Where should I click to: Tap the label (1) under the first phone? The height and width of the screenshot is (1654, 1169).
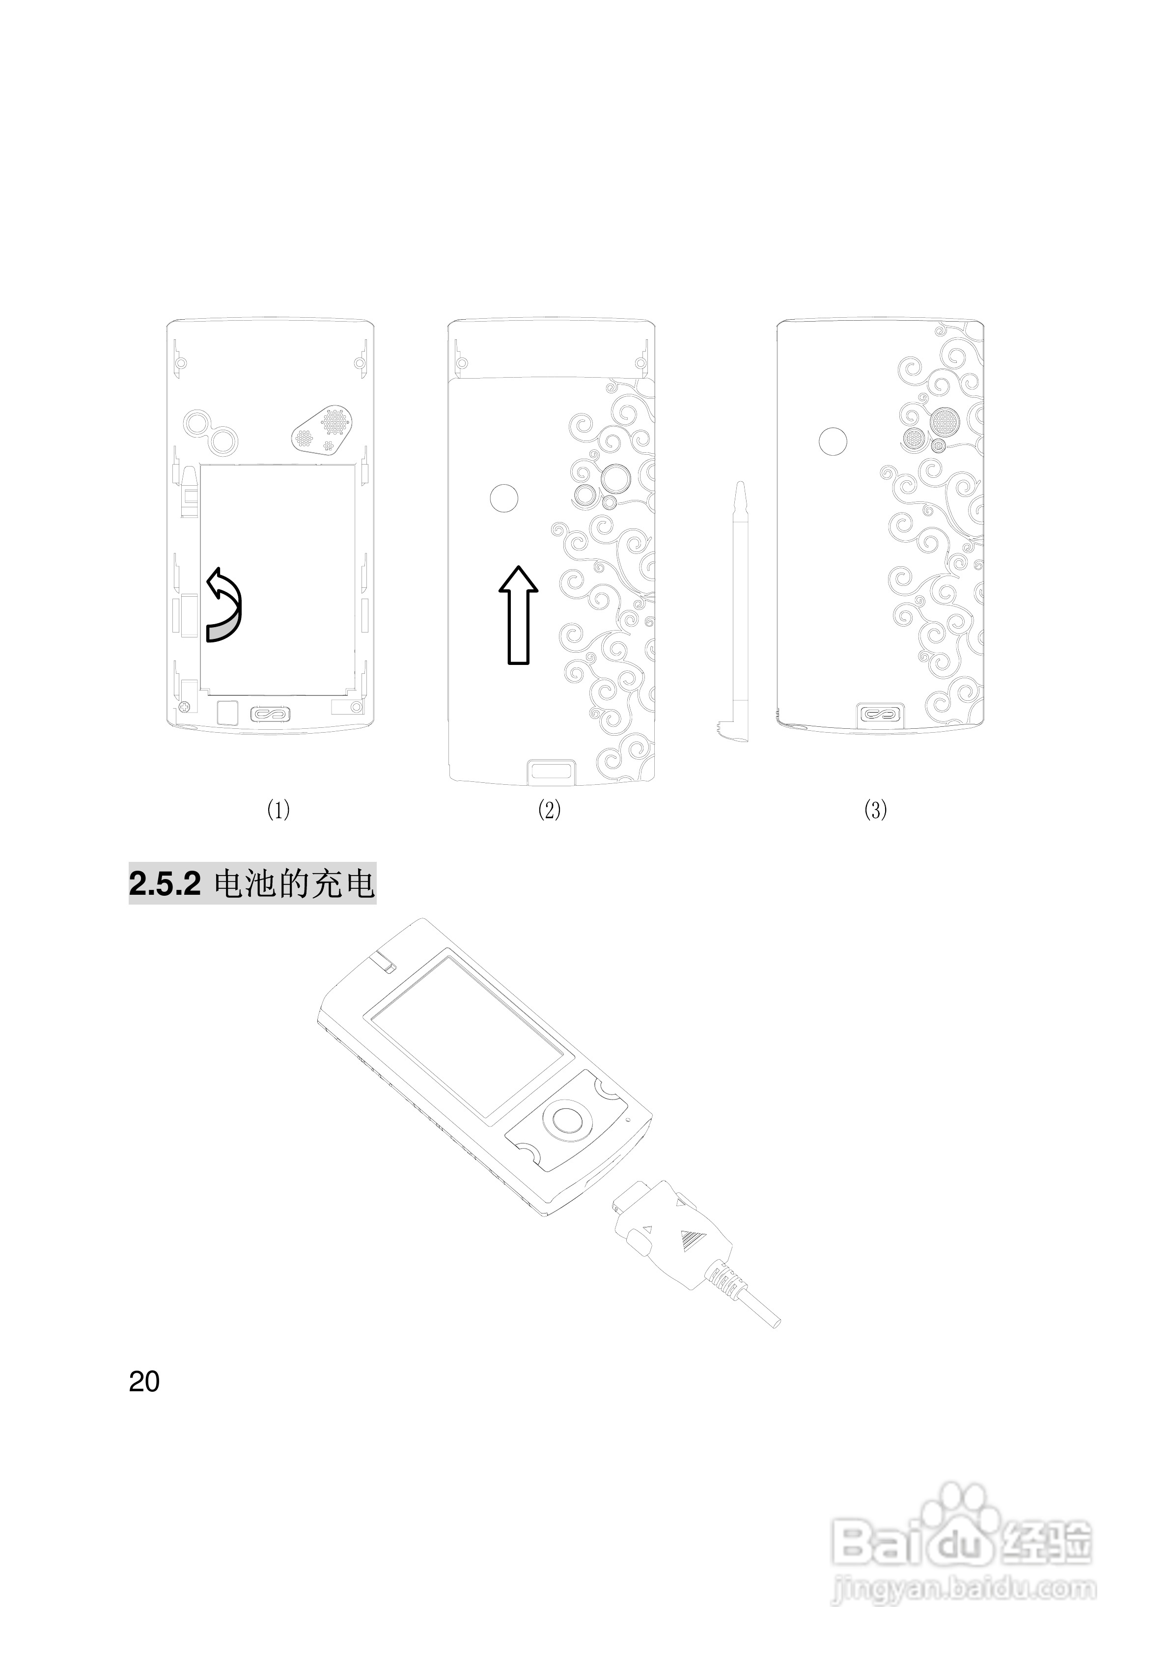[x=278, y=810]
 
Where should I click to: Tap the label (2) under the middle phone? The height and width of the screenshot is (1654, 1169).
[x=549, y=810]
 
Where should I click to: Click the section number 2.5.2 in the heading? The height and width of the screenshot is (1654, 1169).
[x=165, y=884]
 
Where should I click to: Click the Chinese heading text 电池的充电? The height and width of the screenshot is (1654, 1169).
[x=295, y=884]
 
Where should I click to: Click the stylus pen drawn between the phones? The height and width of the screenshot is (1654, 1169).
[x=739, y=612]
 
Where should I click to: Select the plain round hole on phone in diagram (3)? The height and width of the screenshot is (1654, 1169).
[x=833, y=441]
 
